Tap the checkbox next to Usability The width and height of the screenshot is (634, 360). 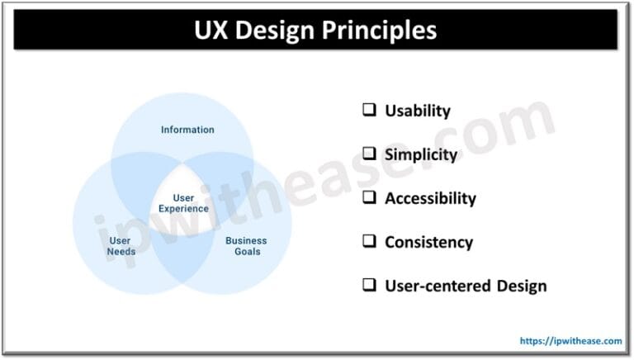coord(369,110)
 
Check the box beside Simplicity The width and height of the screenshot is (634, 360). coord(369,154)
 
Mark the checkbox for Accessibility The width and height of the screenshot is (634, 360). coord(369,198)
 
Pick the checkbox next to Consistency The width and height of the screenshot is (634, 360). coord(369,242)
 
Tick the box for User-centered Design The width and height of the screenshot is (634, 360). coord(369,286)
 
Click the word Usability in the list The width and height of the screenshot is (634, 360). coord(417,111)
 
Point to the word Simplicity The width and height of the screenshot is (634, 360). coord(420,154)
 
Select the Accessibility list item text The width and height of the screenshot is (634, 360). coord(430,198)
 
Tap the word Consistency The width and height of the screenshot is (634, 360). coord(428,243)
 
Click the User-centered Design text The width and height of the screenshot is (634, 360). coord(466,287)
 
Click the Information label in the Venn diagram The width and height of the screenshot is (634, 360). coord(187,130)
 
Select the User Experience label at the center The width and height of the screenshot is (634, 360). coord(183,203)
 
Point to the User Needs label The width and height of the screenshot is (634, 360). coord(121,246)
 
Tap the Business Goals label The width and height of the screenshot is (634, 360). coord(246,246)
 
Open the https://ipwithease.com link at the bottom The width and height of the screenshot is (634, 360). coord(570,340)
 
